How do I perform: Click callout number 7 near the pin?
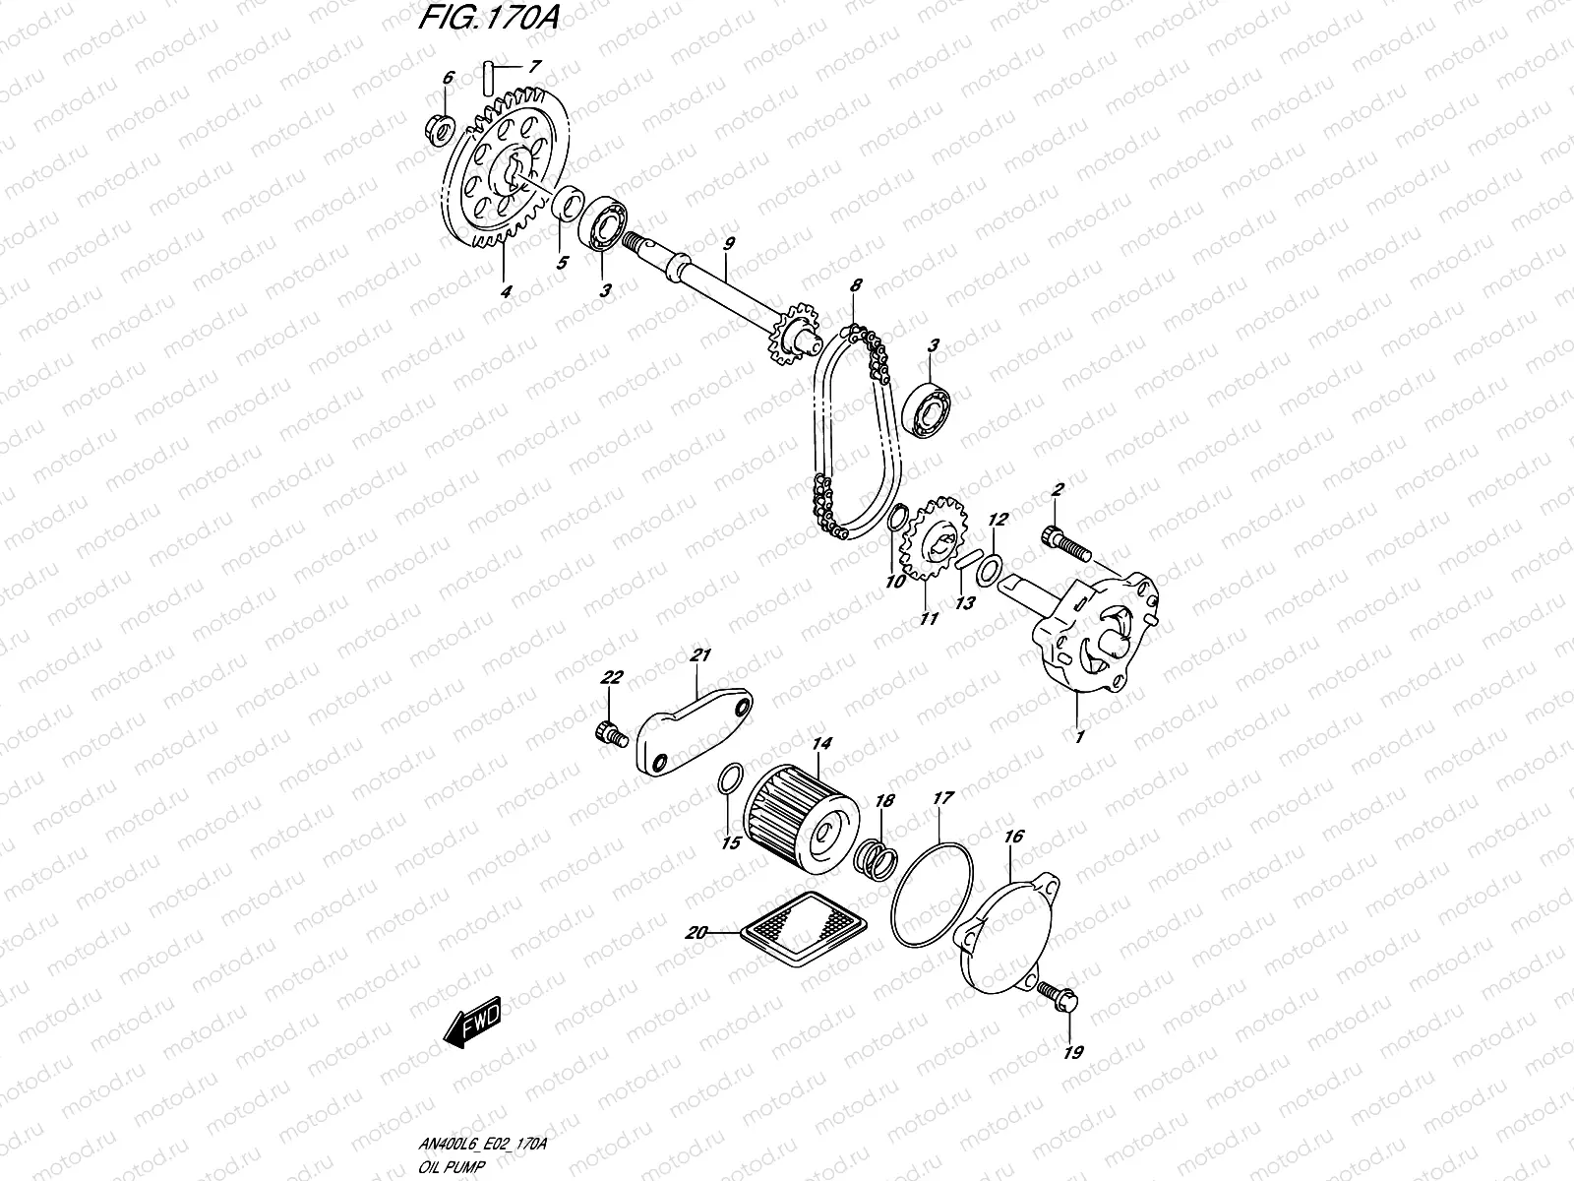tap(534, 68)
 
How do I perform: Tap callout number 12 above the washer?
tap(996, 519)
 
